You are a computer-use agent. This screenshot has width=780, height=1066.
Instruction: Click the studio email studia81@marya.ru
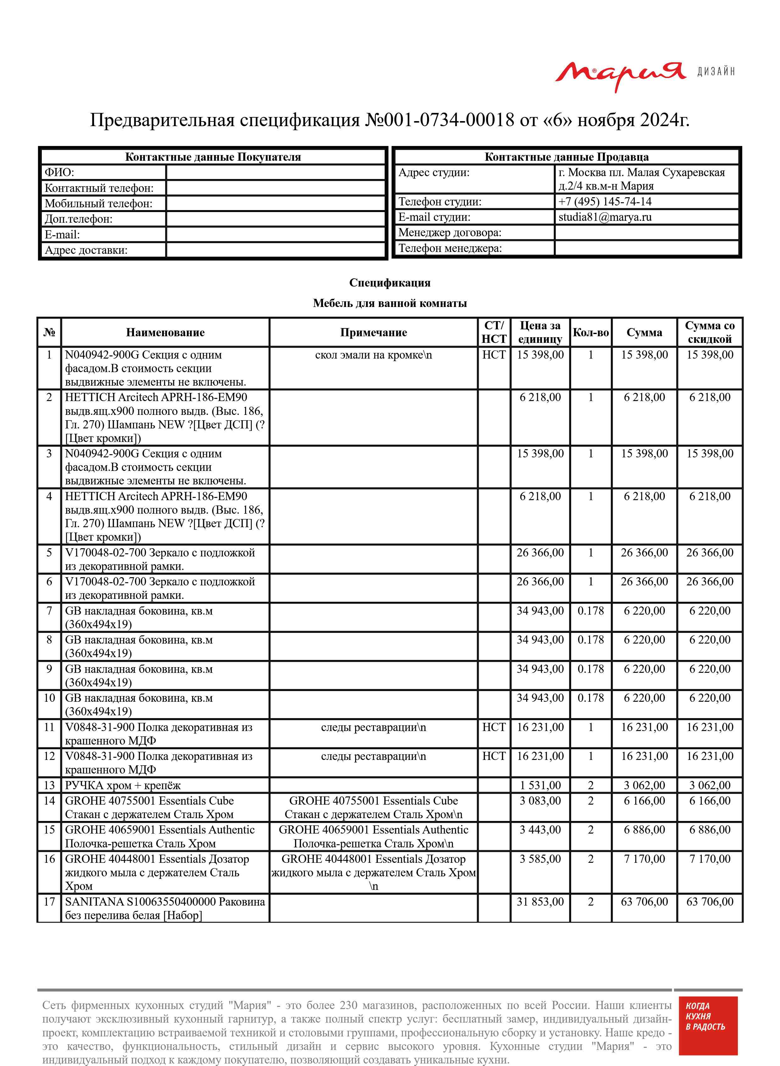pyautogui.click(x=605, y=217)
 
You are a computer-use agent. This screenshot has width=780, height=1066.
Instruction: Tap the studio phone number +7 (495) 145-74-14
pyautogui.click(x=605, y=202)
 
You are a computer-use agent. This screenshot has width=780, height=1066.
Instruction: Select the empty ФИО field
pyautogui.click(x=276, y=172)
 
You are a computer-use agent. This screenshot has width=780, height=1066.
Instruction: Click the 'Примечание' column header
pyautogui.click(x=373, y=332)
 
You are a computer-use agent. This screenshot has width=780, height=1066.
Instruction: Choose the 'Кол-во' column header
pyautogui.click(x=591, y=332)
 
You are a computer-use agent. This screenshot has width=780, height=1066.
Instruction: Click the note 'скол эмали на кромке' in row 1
pyautogui.click(x=373, y=355)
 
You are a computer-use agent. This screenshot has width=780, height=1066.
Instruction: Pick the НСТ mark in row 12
pyautogui.click(x=494, y=756)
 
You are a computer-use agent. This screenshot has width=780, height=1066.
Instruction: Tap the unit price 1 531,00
pyautogui.click(x=540, y=785)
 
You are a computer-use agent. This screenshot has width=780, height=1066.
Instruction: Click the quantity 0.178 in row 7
pyautogui.click(x=591, y=611)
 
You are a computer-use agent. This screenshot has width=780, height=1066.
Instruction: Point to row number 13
pyautogui.click(x=49, y=785)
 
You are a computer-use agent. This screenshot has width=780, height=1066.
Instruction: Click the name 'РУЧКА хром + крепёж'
pyautogui.click(x=123, y=785)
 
